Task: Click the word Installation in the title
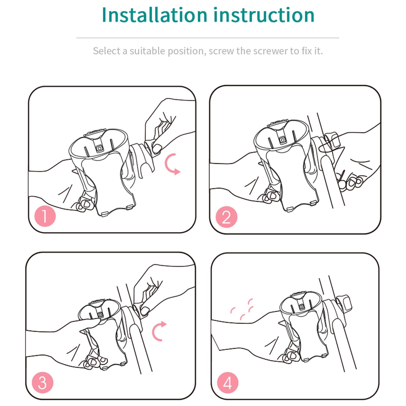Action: click(x=155, y=15)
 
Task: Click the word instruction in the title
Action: click(x=264, y=15)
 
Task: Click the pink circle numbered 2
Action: click(x=226, y=217)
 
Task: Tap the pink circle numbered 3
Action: click(x=42, y=382)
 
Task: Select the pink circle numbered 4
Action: click(x=227, y=382)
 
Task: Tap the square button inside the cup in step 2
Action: click(x=282, y=140)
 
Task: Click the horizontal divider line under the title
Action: click(x=208, y=38)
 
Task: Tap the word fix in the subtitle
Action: click(x=306, y=51)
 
